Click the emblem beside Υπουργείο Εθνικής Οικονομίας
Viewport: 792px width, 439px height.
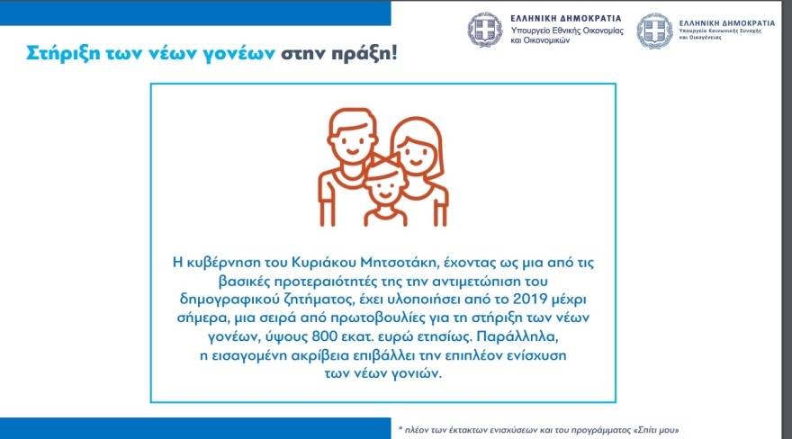485,31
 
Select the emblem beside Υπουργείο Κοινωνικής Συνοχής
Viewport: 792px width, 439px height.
654,31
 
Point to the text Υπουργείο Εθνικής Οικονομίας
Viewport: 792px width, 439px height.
566,31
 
